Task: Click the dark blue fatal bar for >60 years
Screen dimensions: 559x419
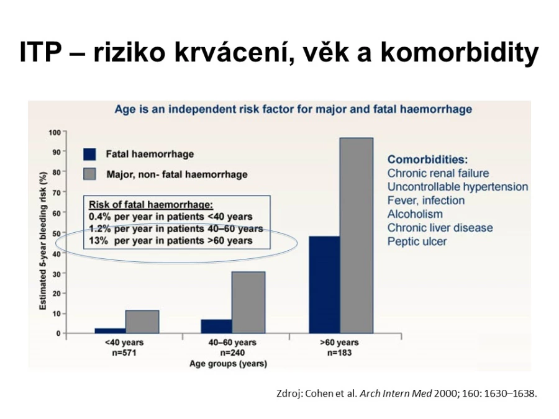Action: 324,285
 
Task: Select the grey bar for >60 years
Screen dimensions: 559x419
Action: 357,235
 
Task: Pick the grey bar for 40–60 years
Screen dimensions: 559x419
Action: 248,302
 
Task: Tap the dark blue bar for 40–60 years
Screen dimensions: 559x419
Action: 216,327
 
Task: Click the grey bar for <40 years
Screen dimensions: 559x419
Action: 142,322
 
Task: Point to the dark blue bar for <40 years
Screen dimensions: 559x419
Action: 110,331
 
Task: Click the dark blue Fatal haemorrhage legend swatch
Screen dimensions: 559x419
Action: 89,155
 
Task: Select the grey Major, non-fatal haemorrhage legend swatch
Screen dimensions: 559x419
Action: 89,174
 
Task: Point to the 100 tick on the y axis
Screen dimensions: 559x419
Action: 55,133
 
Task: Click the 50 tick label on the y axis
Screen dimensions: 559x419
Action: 57,233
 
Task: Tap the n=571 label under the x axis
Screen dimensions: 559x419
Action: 124,353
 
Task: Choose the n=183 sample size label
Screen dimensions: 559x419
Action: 339,353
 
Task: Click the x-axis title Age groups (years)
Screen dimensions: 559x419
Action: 228,364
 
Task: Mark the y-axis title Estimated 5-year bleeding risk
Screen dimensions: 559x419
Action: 43,241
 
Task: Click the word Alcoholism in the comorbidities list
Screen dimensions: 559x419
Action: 415,214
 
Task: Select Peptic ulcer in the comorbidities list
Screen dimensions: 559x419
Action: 417,241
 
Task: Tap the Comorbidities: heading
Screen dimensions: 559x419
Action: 427,160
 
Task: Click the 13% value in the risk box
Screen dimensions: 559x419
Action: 98,241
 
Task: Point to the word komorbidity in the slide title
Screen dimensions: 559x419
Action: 459,52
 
